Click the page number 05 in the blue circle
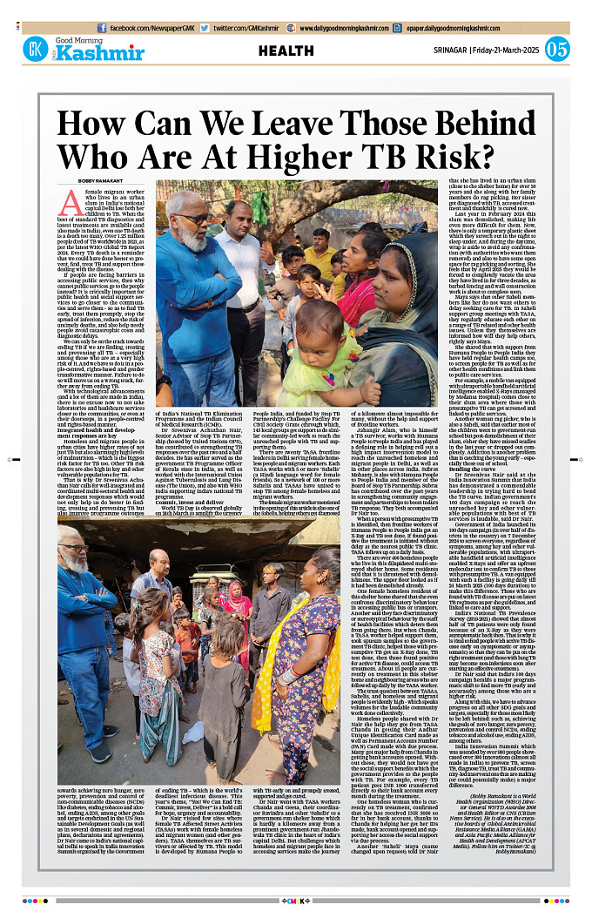(x=557, y=50)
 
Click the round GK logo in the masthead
(x=36, y=51)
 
